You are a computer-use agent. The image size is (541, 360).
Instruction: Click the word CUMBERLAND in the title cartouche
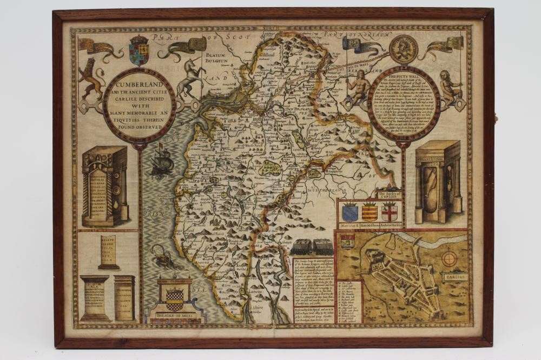[139, 87]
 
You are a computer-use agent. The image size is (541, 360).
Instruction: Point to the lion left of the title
[90, 79]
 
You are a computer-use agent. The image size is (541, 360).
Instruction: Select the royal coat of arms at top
[139, 50]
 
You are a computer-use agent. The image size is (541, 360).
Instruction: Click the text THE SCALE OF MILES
[174, 316]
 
